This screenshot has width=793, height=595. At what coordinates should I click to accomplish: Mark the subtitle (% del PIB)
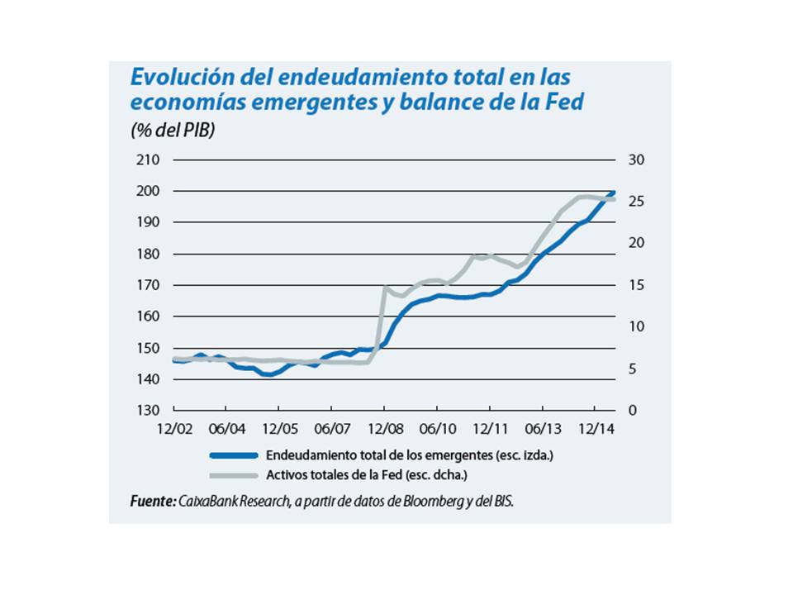172,131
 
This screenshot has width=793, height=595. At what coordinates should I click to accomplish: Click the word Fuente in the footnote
152,501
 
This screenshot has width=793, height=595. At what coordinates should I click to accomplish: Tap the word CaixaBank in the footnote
211,501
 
